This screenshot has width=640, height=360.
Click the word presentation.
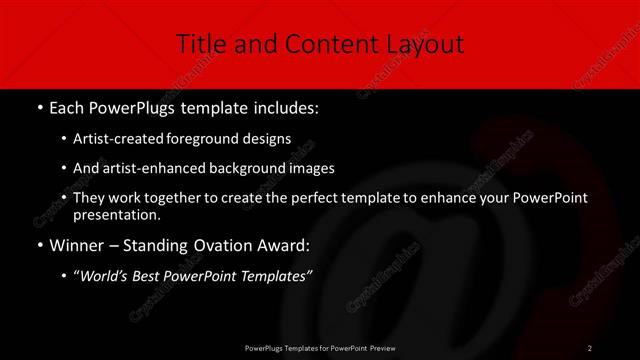coord(116,215)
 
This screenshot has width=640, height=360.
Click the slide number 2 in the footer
coord(589,347)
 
